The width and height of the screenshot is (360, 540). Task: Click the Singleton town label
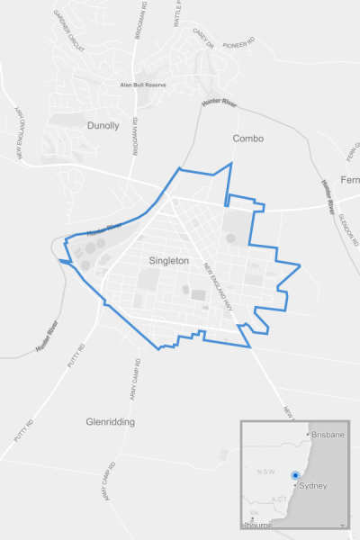(x=168, y=260)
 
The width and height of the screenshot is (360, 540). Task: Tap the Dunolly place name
(x=103, y=126)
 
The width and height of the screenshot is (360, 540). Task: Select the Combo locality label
(x=247, y=139)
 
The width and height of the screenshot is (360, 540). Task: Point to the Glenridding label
(x=110, y=421)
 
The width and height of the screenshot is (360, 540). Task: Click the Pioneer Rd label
(x=238, y=40)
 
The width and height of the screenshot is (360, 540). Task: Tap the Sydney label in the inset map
(x=311, y=486)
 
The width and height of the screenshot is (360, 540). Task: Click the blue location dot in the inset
(x=295, y=475)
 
